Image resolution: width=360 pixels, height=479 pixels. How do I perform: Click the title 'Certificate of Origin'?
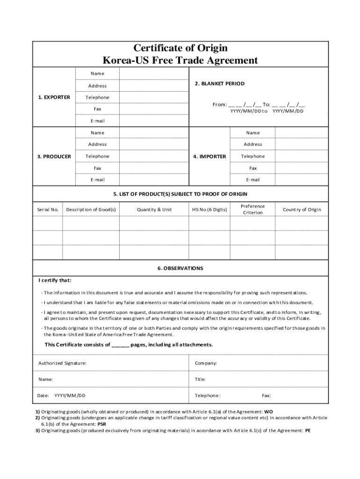(180, 48)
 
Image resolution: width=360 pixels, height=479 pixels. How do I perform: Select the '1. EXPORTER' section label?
(54, 97)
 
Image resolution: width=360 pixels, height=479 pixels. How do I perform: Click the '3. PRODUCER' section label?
(54, 156)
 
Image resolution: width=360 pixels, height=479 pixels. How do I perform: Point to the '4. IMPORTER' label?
(209, 156)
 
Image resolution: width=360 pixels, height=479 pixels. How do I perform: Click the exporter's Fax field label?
(97, 109)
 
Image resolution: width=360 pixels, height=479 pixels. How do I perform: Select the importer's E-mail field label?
(253, 180)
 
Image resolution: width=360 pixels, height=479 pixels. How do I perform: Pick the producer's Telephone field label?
(97, 156)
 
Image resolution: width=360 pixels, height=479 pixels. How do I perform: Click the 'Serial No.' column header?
(47, 210)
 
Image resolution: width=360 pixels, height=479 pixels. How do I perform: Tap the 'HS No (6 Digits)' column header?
(209, 210)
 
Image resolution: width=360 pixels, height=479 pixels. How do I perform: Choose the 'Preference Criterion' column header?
(253, 210)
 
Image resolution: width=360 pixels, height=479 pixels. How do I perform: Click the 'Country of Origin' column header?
(302, 210)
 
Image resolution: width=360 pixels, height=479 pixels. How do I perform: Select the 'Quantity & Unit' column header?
(154, 210)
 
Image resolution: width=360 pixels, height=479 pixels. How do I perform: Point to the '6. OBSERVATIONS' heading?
(180, 269)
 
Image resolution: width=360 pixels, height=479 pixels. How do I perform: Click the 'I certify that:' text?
(55, 281)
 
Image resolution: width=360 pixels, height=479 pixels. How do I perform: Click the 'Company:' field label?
(206, 363)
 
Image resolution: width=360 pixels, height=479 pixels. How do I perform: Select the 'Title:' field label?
(200, 379)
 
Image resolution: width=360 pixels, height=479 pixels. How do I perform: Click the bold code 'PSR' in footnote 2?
(102, 424)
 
